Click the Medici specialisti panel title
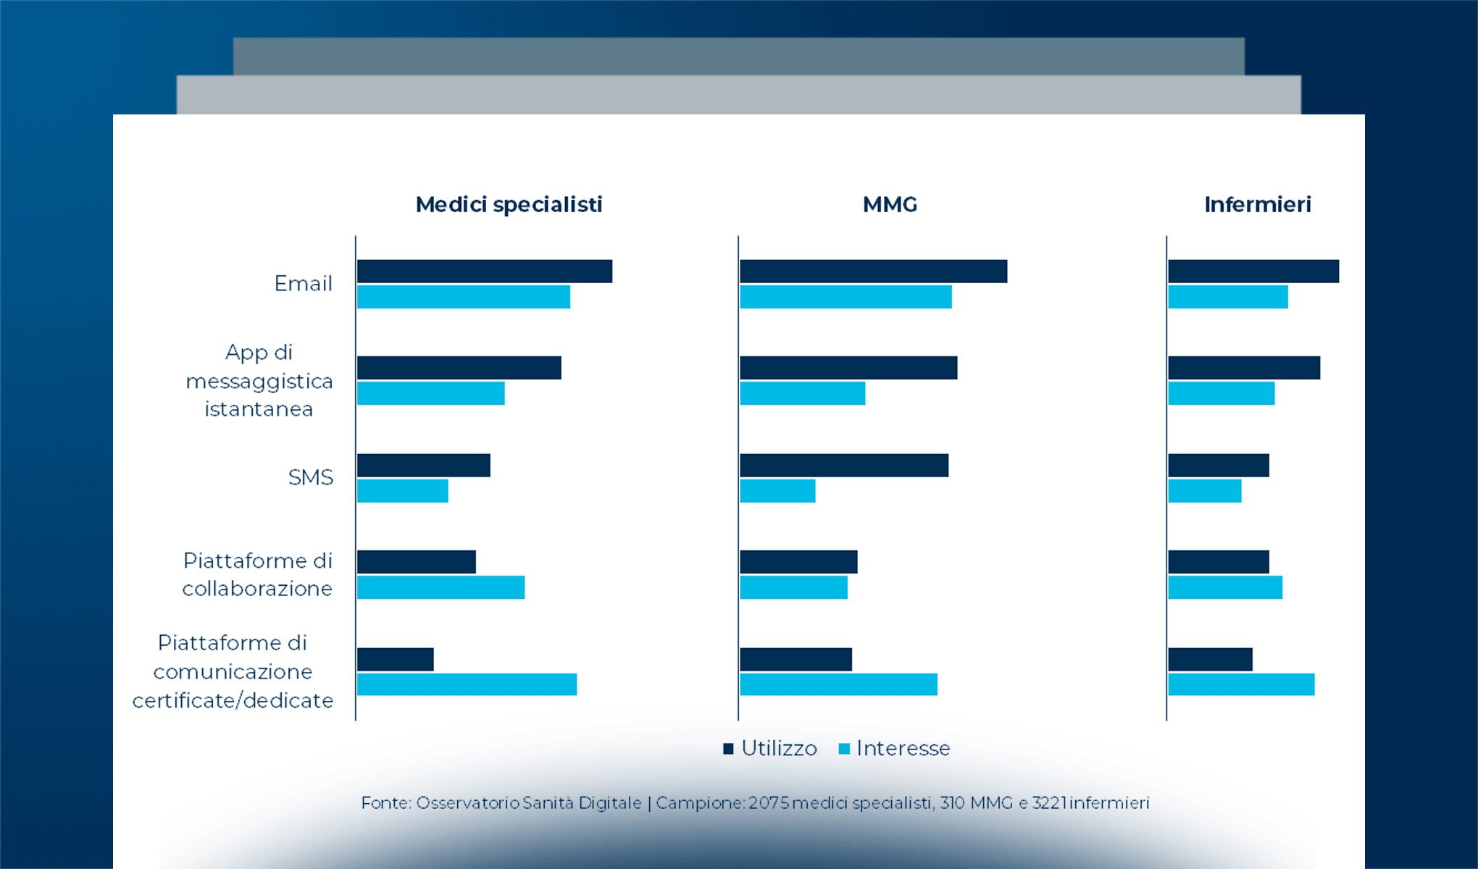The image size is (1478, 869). click(x=509, y=205)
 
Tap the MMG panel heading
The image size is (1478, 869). click(x=890, y=205)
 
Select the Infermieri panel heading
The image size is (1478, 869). click(x=1257, y=205)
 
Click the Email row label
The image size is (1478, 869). click(x=303, y=284)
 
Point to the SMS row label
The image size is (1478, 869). click(x=310, y=478)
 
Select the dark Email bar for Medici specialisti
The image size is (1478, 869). click(x=484, y=272)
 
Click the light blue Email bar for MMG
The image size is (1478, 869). click(x=846, y=297)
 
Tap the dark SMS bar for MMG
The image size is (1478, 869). click(x=844, y=466)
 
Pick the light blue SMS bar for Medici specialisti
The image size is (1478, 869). click(x=402, y=491)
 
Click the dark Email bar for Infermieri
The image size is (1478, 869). click(x=1253, y=272)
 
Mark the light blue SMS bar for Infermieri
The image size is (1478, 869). click(x=1204, y=491)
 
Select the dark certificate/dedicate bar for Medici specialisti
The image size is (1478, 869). click(x=395, y=660)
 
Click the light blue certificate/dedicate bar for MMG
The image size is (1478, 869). click(x=838, y=685)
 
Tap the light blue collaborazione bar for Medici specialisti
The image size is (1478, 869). click(x=441, y=588)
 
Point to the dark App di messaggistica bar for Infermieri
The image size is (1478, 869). click(x=1244, y=368)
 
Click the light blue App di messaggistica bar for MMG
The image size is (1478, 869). click(x=802, y=394)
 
